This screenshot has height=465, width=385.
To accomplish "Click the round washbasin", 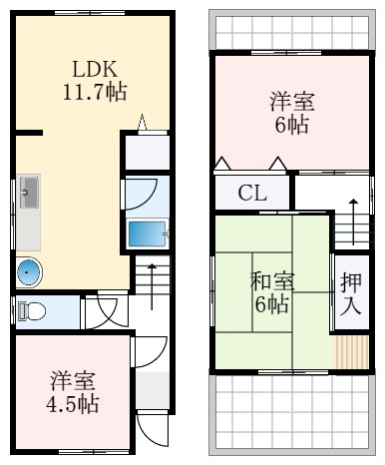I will pos(30,270).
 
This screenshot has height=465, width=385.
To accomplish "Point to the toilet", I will pos(32,310).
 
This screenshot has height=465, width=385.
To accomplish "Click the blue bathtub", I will pos(147,232).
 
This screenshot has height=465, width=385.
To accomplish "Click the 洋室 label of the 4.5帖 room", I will pos(73,381).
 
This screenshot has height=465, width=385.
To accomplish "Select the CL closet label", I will pos(252,194).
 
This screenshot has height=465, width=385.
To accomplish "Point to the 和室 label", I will pos(270,281).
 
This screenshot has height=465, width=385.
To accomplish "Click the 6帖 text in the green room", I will pos(270,304).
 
